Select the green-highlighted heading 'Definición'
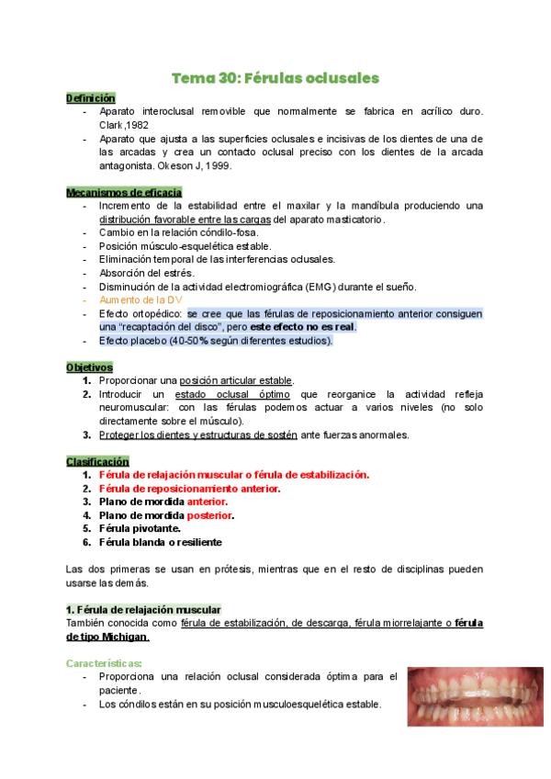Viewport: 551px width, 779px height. (x=91, y=97)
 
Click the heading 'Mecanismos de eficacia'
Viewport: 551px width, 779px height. (x=124, y=193)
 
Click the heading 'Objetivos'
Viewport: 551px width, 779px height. (x=89, y=367)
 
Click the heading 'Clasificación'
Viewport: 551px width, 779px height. (x=97, y=461)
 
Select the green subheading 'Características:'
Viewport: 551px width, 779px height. (x=104, y=663)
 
